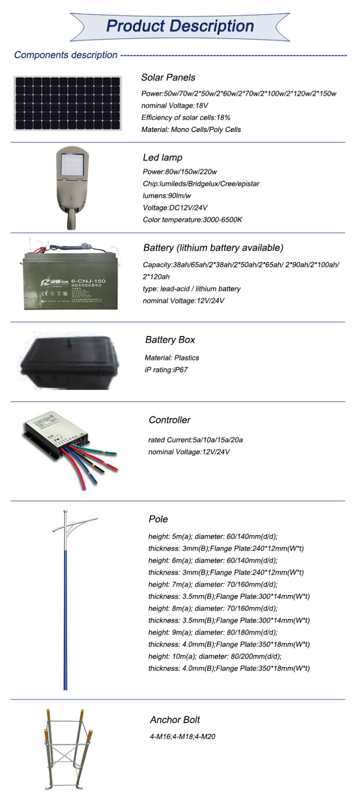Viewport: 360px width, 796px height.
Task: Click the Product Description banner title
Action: coord(180,26)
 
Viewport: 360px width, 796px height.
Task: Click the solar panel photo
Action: coord(67,103)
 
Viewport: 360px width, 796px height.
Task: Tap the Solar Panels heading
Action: coord(168,77)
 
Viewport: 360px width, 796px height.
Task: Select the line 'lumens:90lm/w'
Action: coord(167,196)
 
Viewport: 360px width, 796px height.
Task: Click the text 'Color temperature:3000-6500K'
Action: coord(192,220)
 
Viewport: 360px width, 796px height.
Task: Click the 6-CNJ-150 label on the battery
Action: coord(88,281)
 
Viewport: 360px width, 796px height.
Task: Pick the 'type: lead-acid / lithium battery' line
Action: coord(192,289)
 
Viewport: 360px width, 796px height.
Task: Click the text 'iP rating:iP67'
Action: coord(166,370)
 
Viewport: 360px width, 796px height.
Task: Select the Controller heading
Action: coord(169,420)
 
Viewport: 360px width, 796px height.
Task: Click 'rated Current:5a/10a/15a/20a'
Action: coord(195,440)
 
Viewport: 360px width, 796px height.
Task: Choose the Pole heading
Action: coord(158,519)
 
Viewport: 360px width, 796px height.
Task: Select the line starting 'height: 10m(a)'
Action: coord(215,657)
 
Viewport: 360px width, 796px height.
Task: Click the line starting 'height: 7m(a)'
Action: coord(213,585)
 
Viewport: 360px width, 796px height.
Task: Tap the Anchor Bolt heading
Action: coord(175,720)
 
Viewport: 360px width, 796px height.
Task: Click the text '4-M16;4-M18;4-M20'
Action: coord(182,737)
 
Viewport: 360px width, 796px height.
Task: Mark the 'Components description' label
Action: coord(66,55)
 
